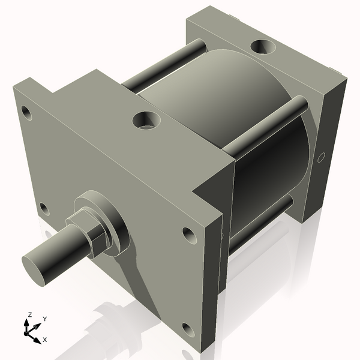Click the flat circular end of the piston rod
[37, 268]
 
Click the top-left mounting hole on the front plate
[25, 112]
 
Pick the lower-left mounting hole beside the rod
[43, 209]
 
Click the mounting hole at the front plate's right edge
[189, 235]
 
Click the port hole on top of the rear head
[263, 46]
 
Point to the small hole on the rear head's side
[321, 158]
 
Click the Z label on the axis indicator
[29, 315]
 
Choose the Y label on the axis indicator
[45, 319]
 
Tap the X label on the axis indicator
[45, 340]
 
